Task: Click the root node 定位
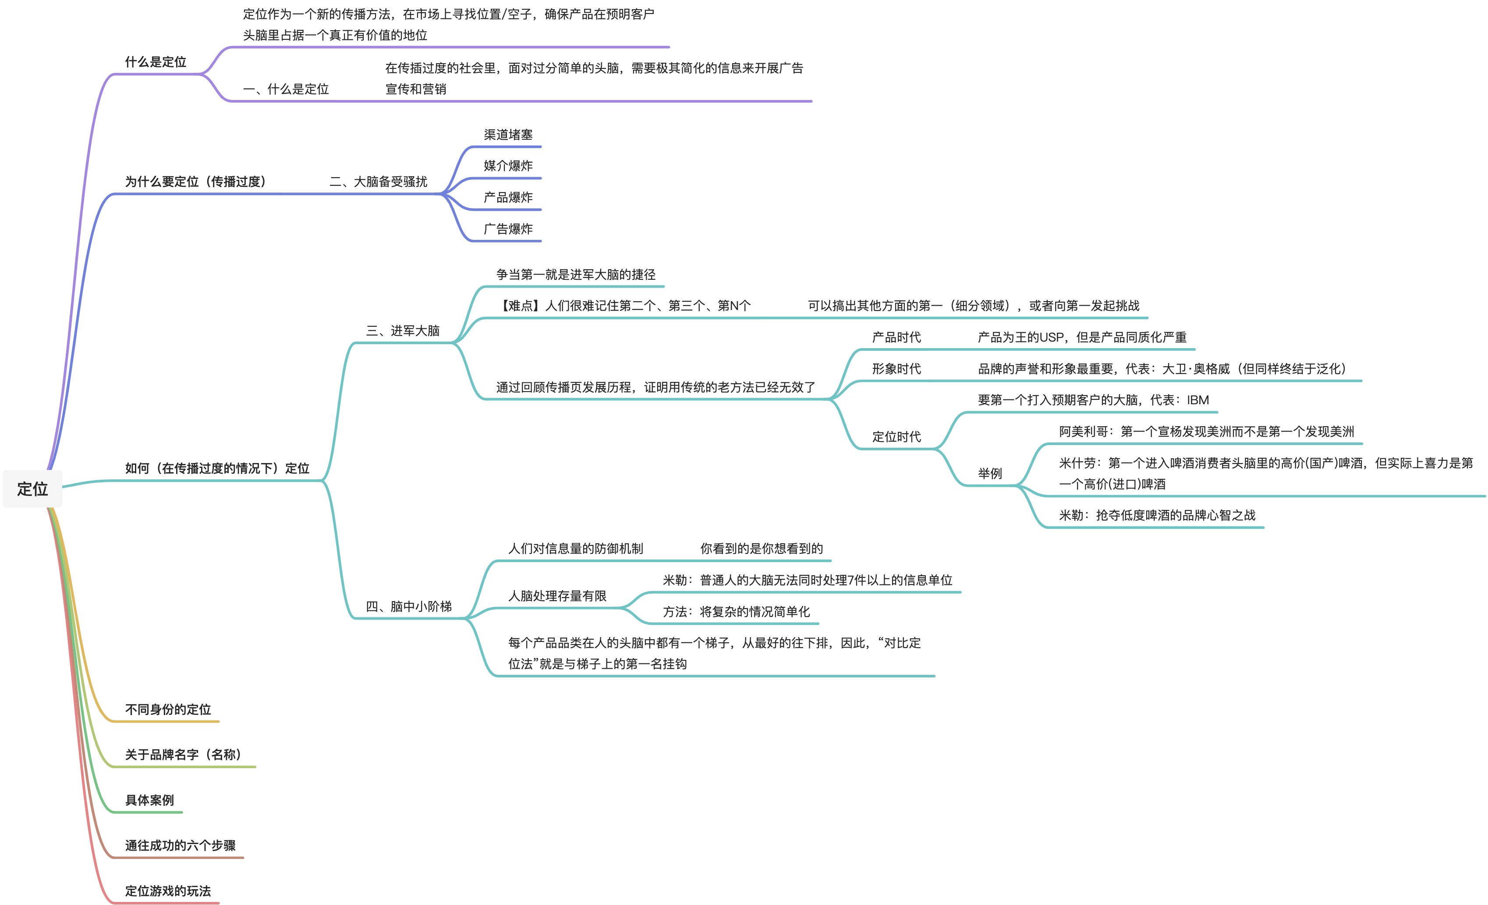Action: [32, 489]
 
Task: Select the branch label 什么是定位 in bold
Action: [155, 62]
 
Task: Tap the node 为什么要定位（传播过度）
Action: [196, 181]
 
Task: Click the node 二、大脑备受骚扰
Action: [378, 181]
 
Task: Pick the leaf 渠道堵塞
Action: [508, 135]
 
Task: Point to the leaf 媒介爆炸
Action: [508, 166]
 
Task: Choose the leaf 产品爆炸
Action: [508, 197]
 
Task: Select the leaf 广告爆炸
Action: [508, 228]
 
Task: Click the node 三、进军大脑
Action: [403, 331]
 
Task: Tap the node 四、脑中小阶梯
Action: [409, 606]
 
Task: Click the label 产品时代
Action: [896, 337]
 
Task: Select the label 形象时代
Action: [896, 368]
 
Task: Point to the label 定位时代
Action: [896, 436]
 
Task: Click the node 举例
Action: [990, 473]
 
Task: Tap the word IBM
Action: [1197, 400]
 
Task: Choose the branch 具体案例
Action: [149, 800]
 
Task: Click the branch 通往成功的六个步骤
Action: [180, 845]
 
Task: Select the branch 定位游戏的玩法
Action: [168, 891]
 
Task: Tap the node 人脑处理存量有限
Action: [557, 596]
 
